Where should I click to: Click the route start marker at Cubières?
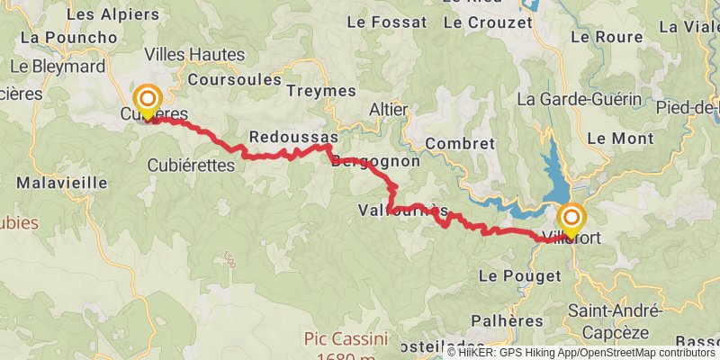(x=146, y=100)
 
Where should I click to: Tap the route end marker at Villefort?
(x=571, y=220)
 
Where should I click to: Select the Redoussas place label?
(x=292, y=138)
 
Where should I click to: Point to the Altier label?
(x=389, y=109)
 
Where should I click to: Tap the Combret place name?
(x=461, y=144)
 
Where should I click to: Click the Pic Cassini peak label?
(x=345, y=339)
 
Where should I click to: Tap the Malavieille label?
(x=62, y=182)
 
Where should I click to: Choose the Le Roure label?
(x=607, y=38)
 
